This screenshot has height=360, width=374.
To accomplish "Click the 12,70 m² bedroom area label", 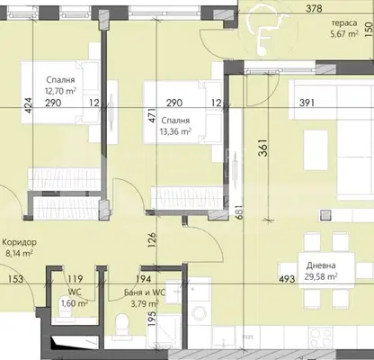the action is coord(60,91).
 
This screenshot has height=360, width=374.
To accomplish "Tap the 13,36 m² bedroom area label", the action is coord(176,131).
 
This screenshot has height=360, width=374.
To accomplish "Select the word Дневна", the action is coord(321,265).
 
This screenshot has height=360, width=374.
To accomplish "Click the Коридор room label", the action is coord(20,242).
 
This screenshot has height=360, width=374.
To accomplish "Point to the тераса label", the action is coord(344,23).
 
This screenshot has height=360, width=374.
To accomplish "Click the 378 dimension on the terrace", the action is coord(314,8).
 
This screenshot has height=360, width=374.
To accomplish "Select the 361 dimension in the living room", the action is coord(263,148).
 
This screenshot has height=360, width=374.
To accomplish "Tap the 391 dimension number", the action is coord(307,103).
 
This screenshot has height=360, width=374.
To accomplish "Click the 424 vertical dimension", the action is coord(29,104).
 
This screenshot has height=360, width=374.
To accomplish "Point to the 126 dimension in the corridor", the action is coord(152,240).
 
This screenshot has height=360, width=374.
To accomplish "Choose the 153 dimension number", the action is coord(15,279).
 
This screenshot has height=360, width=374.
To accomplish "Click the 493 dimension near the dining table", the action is coord(287,279).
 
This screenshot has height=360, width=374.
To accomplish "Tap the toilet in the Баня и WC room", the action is coord(122,326).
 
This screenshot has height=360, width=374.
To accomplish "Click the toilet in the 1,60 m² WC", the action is coord(65,312).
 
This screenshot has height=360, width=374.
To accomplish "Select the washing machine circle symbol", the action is coord(200,313).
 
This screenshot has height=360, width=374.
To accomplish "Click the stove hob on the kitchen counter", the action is coord(321,337).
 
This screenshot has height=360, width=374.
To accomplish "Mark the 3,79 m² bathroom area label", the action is coord(144,304).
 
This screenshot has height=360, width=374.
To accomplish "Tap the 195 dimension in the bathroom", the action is coord(152,319).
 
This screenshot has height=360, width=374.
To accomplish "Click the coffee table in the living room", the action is coord(316,150).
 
